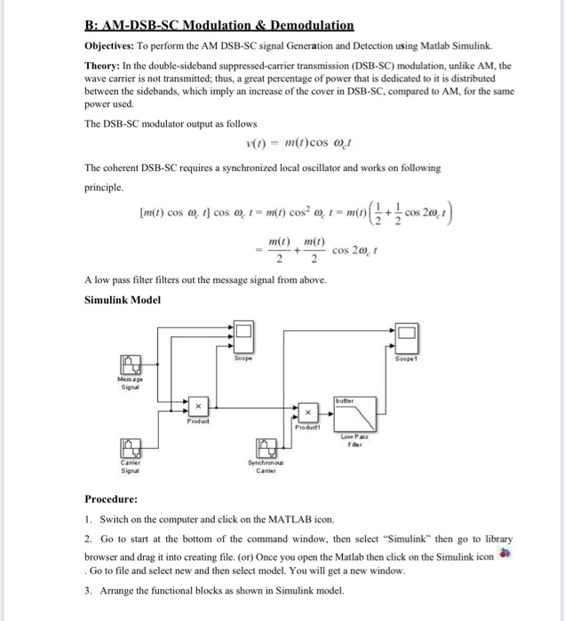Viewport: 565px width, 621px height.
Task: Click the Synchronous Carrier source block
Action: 266,447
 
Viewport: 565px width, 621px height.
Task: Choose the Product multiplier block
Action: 199,406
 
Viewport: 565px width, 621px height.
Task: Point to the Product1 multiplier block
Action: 306,413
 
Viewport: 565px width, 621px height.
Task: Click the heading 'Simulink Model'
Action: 122,300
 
